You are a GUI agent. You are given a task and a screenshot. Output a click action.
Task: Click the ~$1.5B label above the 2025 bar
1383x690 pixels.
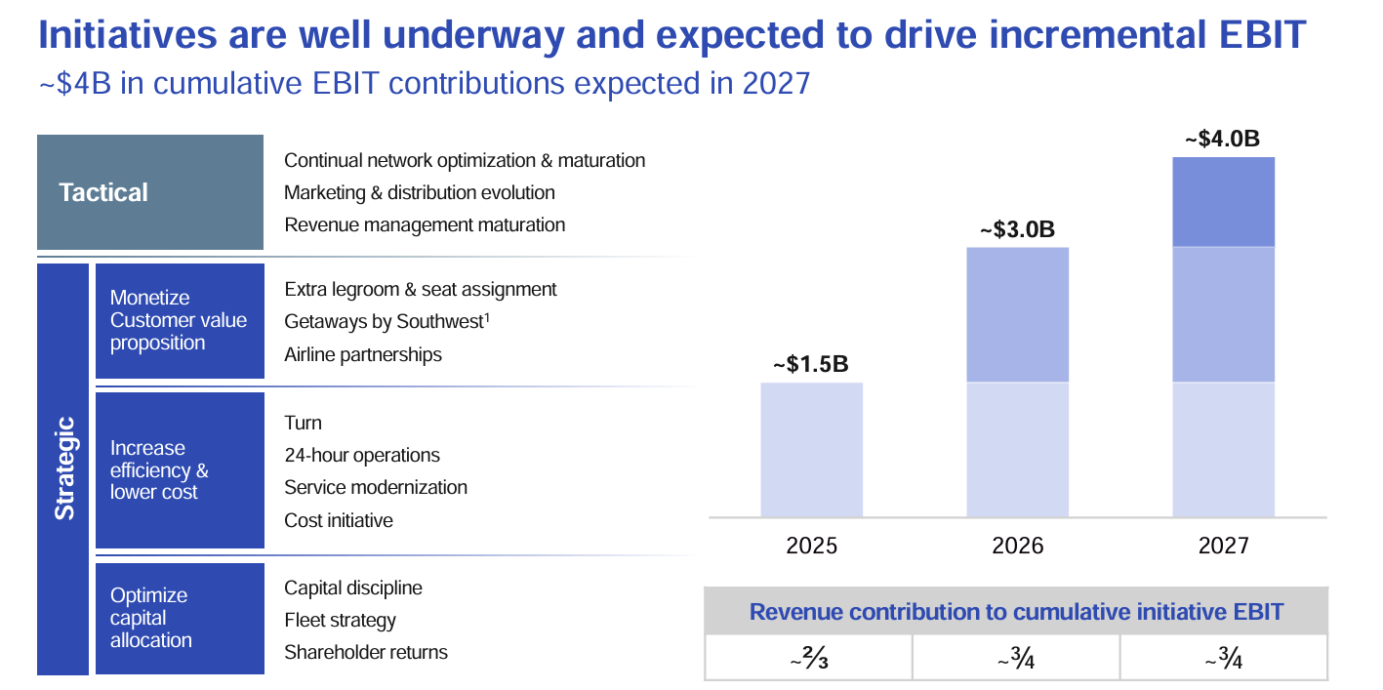[x=811, y=365]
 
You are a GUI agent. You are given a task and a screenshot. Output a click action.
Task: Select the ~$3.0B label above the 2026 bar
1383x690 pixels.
[x=1017, y=230]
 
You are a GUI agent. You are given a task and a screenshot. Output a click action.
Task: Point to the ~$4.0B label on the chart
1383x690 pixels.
[x=1222, y=140]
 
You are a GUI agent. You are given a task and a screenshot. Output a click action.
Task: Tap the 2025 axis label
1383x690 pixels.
[x=811, y=546]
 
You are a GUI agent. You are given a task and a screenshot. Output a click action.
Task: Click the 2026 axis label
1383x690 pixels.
[x=1017, y=546]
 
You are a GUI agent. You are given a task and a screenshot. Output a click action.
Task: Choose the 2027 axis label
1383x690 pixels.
[x=1223, y=546]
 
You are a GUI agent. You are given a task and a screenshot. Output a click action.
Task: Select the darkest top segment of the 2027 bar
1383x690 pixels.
[x=1223, y=202]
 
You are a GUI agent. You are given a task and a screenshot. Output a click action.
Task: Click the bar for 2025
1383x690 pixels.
[x=811, y=449]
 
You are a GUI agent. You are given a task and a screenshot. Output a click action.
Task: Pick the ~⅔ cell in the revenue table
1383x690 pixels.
[x=808, y=659]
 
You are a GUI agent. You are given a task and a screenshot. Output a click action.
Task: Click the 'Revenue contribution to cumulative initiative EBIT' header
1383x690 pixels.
[x=1016, y=612]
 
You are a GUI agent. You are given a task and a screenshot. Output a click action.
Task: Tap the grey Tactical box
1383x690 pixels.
[x=150, y=192]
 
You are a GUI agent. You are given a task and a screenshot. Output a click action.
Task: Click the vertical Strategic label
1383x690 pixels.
[x=63, y=468]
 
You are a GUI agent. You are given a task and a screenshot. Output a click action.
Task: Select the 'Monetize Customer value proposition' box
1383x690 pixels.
[x=180, y=320]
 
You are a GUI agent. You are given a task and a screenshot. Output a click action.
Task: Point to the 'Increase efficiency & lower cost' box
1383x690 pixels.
[x=180, y=469]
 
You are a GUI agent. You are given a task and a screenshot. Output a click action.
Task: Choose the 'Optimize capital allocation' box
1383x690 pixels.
[x=180, y=618]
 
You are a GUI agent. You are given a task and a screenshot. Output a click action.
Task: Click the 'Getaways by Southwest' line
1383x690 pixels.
[x=386, y=322]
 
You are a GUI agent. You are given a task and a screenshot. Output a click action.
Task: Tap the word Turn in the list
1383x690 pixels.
[x=303, y=423]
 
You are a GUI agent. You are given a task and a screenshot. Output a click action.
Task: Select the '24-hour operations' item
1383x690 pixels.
[x=362, y=456]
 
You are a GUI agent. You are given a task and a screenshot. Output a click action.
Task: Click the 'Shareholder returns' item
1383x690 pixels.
[x=366, y=652]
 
